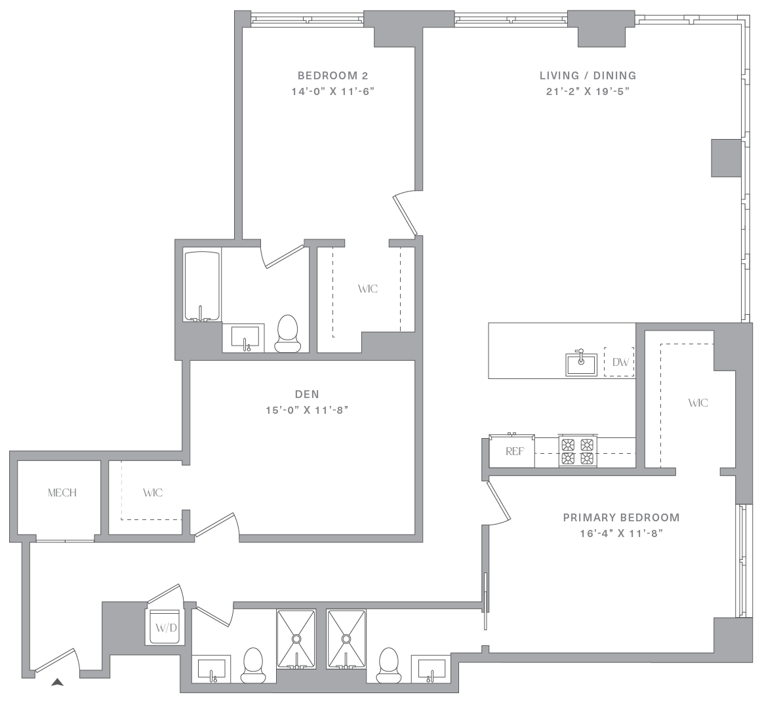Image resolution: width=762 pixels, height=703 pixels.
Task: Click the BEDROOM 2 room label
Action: coord(333,75)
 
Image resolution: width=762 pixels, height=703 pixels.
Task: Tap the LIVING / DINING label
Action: coord(588,75)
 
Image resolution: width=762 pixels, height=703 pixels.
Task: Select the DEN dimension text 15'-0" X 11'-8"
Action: coord(307,410)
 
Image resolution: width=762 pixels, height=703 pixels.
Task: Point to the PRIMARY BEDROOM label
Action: coord(622,517)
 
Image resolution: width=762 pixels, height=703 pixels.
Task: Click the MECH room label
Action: coord(62,492)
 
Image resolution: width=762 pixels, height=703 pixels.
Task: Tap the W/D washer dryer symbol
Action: coord(166,627)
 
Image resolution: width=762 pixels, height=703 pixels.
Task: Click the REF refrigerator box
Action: coord(511,451)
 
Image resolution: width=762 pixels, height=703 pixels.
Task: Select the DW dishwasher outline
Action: coord(619,361)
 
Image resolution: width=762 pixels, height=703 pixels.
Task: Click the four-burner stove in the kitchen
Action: coord(578,451)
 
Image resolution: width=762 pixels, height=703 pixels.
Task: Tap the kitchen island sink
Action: coord(581,364)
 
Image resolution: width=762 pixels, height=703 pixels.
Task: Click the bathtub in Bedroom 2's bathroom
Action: coord(202,286)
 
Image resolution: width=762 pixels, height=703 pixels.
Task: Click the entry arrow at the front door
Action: coord(57,683)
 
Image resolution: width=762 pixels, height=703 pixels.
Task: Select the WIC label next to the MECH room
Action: coord(153,492)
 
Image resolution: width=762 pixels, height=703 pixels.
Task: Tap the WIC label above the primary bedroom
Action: coord(698,403)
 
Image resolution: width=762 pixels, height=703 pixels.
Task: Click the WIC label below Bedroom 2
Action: coord(368,289)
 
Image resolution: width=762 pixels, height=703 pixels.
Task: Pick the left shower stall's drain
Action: coord(296,638)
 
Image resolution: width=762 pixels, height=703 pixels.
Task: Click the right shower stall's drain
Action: coord(346,638)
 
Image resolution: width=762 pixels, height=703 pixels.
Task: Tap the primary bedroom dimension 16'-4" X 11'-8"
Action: coord(622,533)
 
